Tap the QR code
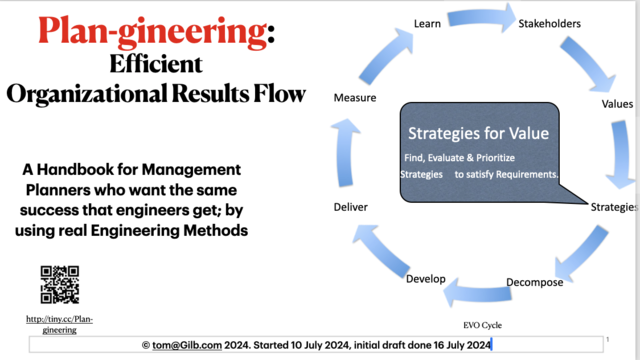point(59,284)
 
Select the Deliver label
point(350,207)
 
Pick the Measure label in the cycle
point(355,98)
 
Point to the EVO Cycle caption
point(481,325)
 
